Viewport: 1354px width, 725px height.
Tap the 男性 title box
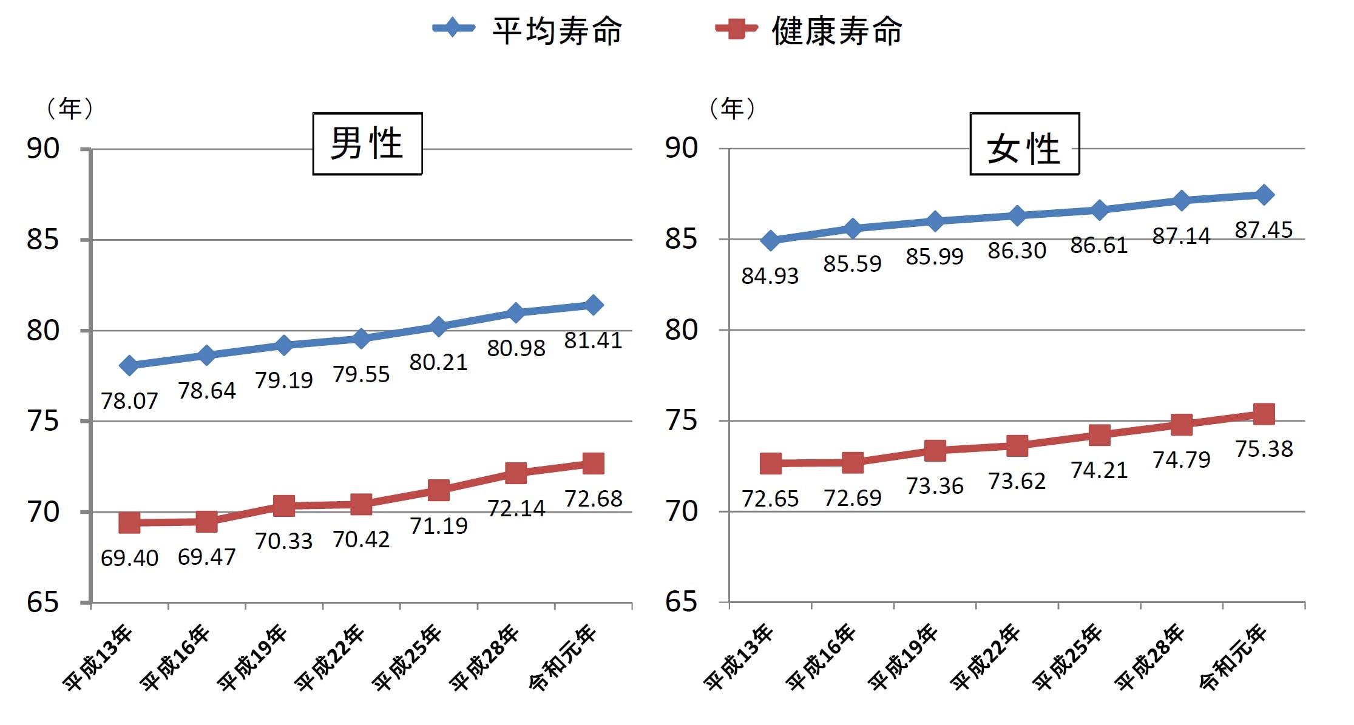(367, 144)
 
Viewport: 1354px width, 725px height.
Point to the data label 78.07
(129, 401)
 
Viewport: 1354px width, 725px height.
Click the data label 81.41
(593, 341)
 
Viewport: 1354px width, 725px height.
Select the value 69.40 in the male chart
(129, 558)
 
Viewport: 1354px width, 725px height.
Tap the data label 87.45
(1264, 231)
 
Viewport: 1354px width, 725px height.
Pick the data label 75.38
(1264, 449)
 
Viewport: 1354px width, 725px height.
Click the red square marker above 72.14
(516, 473)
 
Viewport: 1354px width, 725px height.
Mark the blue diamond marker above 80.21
(438, 327)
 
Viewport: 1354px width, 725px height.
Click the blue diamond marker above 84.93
(771, 240)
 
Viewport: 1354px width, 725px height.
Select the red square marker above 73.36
(935, 450)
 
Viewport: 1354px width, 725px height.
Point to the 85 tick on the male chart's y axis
(43, 240)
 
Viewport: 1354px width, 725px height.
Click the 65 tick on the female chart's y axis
(681, 602)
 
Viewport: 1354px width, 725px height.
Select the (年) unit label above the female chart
(732, 109)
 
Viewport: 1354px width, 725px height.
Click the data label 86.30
(1017, 251)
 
